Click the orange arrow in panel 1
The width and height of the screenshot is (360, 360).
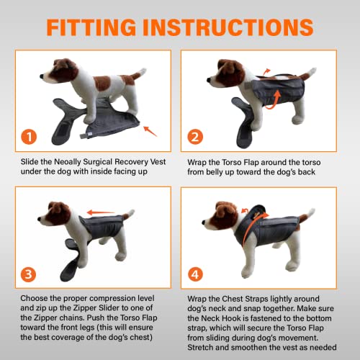click(x=150, y=130)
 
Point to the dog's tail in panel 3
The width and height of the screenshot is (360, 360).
click(x=128, y=214)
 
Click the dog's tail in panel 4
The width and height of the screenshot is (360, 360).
click(x=310, y=214)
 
